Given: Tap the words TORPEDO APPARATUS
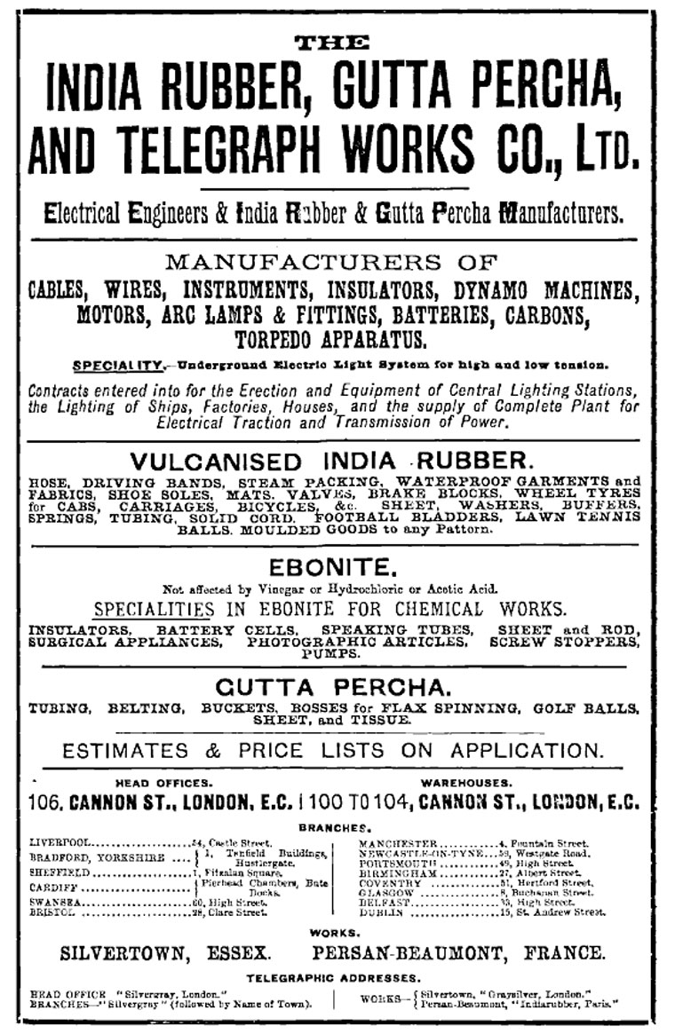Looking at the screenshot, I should click(x=330, y=338).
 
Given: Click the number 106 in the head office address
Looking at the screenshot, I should click(x=44, y=802).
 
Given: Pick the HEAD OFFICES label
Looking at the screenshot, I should click(x=164, y=782).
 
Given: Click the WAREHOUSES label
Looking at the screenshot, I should click(x=465, y=782).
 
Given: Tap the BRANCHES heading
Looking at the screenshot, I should click(x=334, y=826).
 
